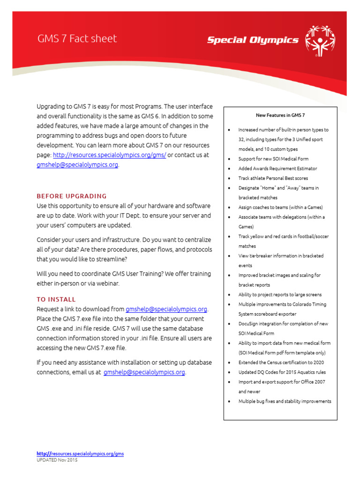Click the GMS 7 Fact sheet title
(77, 39)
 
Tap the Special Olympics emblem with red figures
(320, 41)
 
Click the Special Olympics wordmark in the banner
(253, 40)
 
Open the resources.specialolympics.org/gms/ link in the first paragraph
(109, 155)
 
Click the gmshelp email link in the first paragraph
(77, 165)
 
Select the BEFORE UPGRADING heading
(72, 196)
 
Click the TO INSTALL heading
(56, 299)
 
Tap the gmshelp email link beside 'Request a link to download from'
(166, 309)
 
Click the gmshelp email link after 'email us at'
(144, 372)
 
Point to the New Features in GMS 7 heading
(280, 115)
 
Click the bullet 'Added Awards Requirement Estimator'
(277, 168)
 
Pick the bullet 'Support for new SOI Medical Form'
(273, 159)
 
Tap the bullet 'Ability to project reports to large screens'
(280, 295)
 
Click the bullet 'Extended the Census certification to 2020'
(281, 362)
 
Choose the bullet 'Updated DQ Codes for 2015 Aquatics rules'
(282, 372)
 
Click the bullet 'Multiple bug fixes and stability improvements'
(285, 401)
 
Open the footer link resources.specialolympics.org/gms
(80, 454)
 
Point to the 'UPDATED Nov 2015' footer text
(57, 460)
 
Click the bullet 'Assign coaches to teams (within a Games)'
(280, 207)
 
